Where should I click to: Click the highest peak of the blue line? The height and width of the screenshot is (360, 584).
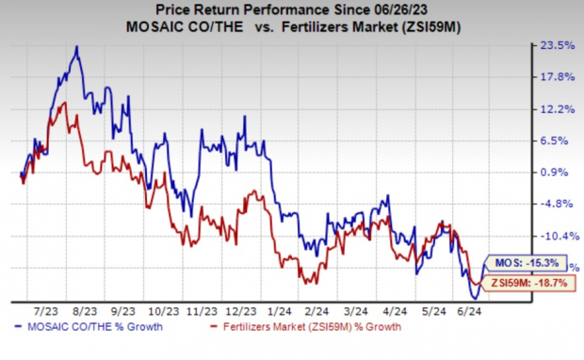76,47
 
